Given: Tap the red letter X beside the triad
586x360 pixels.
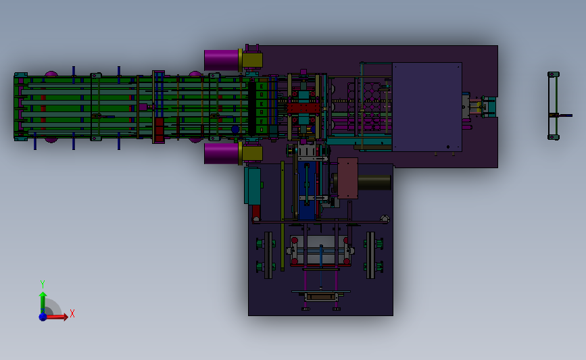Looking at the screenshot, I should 72,313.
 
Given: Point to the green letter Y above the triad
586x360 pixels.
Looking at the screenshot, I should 42,284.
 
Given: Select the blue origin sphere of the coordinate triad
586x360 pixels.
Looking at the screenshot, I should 43,316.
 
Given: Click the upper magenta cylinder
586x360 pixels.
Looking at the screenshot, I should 221,60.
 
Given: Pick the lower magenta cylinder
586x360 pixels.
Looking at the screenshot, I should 221,153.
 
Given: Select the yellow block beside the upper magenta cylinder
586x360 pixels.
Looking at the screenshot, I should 252,60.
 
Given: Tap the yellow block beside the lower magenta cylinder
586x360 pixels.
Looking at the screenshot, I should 252,153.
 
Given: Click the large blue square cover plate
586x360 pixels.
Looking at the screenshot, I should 427,107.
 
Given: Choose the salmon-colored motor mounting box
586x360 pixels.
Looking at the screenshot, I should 347,178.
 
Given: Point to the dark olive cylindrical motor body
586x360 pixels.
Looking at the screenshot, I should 374,182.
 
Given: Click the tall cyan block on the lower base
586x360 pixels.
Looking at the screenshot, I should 253,186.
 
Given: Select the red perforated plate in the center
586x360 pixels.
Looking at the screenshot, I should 302,107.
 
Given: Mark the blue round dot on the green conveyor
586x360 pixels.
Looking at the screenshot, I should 235,129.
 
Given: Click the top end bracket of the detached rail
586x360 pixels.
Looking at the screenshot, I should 554,74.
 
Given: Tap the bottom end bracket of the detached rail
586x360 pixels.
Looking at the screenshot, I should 554,137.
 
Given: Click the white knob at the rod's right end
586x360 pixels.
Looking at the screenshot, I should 385,218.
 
